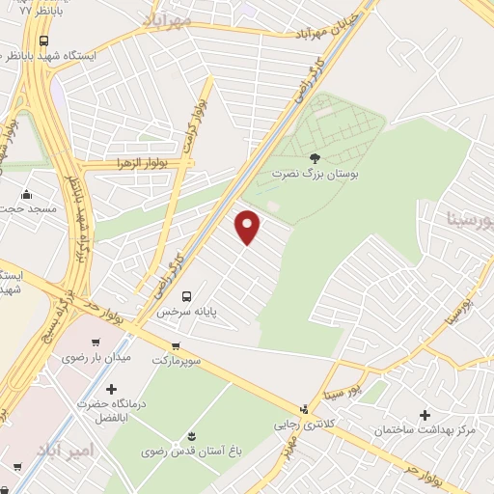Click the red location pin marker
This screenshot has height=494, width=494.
[248, 228]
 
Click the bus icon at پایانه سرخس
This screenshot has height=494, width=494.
[187, 296]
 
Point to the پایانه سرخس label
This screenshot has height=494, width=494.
[189, 313]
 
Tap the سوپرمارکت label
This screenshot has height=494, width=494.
[177, 360]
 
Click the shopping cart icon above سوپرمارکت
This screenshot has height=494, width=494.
[176, 345]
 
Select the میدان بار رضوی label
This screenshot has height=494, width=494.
[96, 357]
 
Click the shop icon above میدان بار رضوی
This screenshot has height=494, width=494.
[95, 342]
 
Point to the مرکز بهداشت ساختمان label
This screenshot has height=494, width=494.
[425, 429]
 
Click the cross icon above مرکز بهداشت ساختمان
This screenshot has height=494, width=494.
[424, 414]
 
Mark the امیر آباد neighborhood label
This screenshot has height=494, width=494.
[64, 451]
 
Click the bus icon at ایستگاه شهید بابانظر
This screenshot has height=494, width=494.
[45, 41]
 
